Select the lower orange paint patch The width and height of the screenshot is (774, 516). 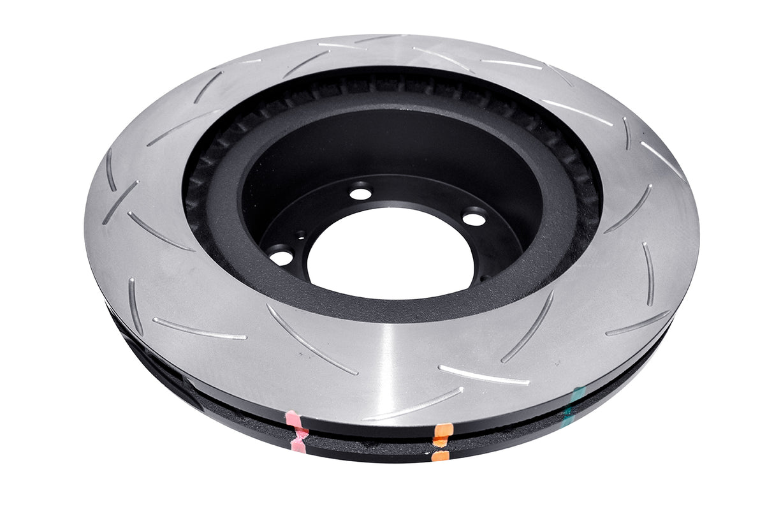(x=440, y=455)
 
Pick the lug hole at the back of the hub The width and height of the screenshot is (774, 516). (x=360, y=192)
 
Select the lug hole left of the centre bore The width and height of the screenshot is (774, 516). (x=281, y=257)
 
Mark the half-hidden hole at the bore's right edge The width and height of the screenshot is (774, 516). (x=483, y=278)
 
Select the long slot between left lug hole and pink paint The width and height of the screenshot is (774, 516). (x=311, y=339)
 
